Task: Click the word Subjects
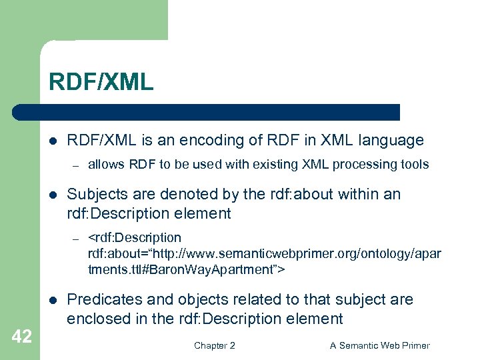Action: (x=96, y=194)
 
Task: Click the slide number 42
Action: (x=21, y=337)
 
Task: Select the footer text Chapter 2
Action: (x=214, y=345)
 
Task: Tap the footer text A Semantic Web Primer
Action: (x=380, y=345)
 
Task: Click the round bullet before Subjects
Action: (x=53, y=195)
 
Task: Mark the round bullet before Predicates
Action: (x=53, y=300)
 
